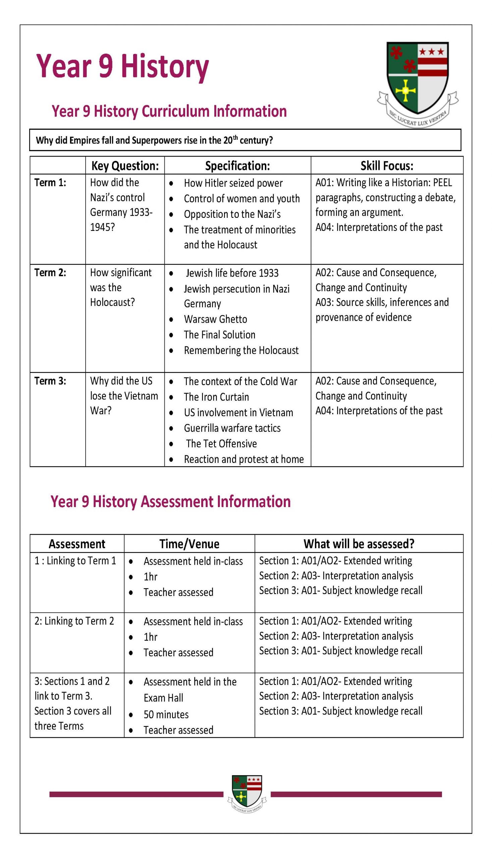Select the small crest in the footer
[x=247, y=795]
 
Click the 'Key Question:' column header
[x=125, y=166]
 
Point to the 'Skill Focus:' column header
[x=387, y=166]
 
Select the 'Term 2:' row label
[x=50, y=273]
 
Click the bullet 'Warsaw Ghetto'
[x=215, y=319]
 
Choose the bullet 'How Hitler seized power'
[x=233, y=183]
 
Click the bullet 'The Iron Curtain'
[x=216, y=397]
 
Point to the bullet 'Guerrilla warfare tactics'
[x=232, y=428]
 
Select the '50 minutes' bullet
[x=166, y=715]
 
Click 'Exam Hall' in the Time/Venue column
[x=163, y=697]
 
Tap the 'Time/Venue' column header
[x=189, y=544]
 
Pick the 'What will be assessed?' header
[x=359, y=544]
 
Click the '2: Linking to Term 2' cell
[x=74, y=621]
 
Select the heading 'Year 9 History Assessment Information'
[x=170, y=501]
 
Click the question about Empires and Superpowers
[x=154, y=140]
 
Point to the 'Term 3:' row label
[x=50, y=381]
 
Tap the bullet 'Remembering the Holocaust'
[x=241, y=351]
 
